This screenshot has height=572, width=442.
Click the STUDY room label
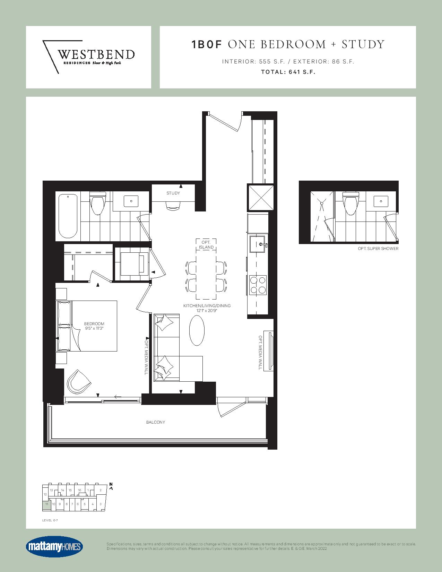(173, 193)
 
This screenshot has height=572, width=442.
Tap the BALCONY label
(156, 422)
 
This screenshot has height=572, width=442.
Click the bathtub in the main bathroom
(68, 216)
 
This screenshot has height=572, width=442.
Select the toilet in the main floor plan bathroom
(97, 203)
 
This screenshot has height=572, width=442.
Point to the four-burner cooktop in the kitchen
(258, 285)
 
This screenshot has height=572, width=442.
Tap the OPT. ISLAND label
(206, 244)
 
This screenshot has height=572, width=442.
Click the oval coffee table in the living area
(197, 330)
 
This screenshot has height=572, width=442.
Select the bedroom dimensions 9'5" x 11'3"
(94, 328)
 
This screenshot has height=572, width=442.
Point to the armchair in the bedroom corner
(79, 381)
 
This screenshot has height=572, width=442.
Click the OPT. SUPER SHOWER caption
(378, 249)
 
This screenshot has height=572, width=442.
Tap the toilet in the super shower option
(350, 203)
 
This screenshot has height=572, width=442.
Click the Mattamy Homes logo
(54, 547)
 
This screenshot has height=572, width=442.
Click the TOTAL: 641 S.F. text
(288, 72)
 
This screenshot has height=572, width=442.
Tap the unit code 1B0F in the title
(207, 44)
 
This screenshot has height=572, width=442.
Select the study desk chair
(173, 206)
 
